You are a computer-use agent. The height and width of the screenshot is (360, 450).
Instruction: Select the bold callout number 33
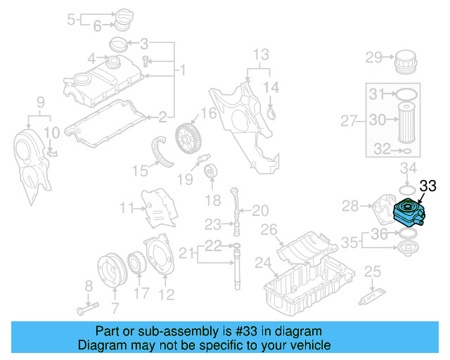[428, 186]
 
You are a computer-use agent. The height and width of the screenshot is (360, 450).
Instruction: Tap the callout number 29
[373, 57]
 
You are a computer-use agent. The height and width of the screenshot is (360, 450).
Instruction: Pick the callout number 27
[350, 121]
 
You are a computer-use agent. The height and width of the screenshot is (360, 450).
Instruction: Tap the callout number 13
[261, 54]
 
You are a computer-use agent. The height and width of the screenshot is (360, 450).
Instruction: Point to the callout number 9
[41, 103]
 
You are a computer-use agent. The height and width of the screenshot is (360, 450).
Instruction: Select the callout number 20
[260, 210]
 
